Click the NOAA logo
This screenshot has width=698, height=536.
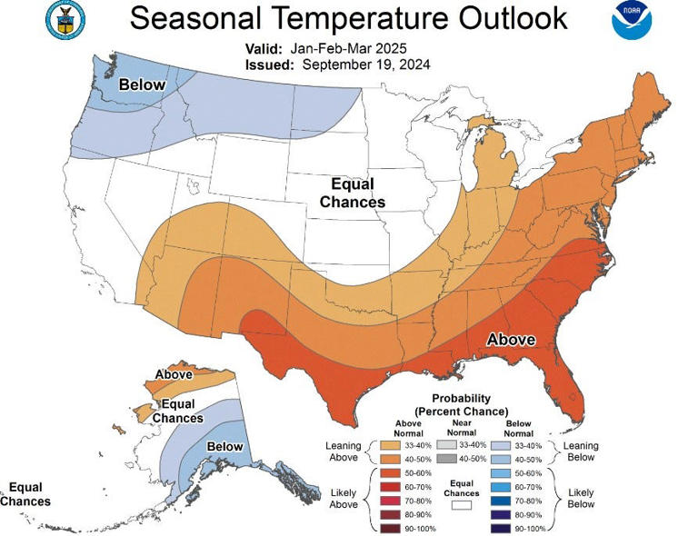(631, 21)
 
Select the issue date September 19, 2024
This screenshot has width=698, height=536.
(366, 65)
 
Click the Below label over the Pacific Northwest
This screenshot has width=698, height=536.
(143, 84)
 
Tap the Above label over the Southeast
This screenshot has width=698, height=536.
(511, 340)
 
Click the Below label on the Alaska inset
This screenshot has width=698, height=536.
(224, 446)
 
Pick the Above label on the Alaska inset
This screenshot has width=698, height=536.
(173, 374)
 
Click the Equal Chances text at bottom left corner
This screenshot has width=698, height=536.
(25, 494)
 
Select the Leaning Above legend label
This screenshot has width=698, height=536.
(344, 452)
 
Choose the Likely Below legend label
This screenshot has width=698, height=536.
(581, 497)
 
